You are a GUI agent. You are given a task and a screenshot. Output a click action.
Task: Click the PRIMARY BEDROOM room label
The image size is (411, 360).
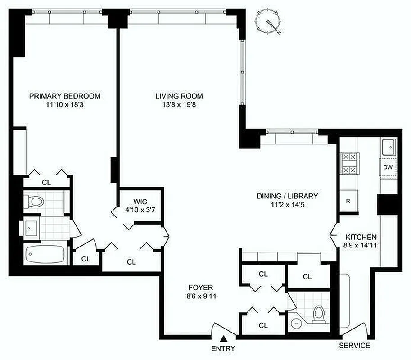(x=64, y=96)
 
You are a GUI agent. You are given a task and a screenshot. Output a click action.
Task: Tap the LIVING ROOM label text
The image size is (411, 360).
(x=179, y=96)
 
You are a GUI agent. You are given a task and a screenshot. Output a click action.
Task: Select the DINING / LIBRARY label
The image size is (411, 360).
(x=287, y=196)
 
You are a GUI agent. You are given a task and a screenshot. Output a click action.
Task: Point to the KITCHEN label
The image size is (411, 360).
(x=361, y=237)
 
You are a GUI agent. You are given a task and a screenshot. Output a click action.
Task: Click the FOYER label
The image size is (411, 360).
(x=201, y=287)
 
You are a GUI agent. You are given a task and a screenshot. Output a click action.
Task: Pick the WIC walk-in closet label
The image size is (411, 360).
(x=140, y=201)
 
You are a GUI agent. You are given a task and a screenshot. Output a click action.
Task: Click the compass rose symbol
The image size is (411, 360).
(x=269, y=22)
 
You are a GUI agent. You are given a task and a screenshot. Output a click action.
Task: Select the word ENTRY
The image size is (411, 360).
(x=223, y=348)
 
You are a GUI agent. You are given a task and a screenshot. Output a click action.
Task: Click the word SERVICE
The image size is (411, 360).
(x=355, y=346)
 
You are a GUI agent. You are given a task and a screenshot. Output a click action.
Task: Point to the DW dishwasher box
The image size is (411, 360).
(x=388, y=167)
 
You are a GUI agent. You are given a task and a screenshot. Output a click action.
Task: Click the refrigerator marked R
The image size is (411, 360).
(x=348, y=201)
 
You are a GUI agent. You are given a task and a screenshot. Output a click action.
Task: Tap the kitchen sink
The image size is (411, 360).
(x=388, y=147)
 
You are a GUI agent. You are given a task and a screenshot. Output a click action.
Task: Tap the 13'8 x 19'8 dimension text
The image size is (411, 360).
(x=179, y=105)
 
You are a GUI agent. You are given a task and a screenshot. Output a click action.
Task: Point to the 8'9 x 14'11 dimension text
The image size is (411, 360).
(x=361, y=246)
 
